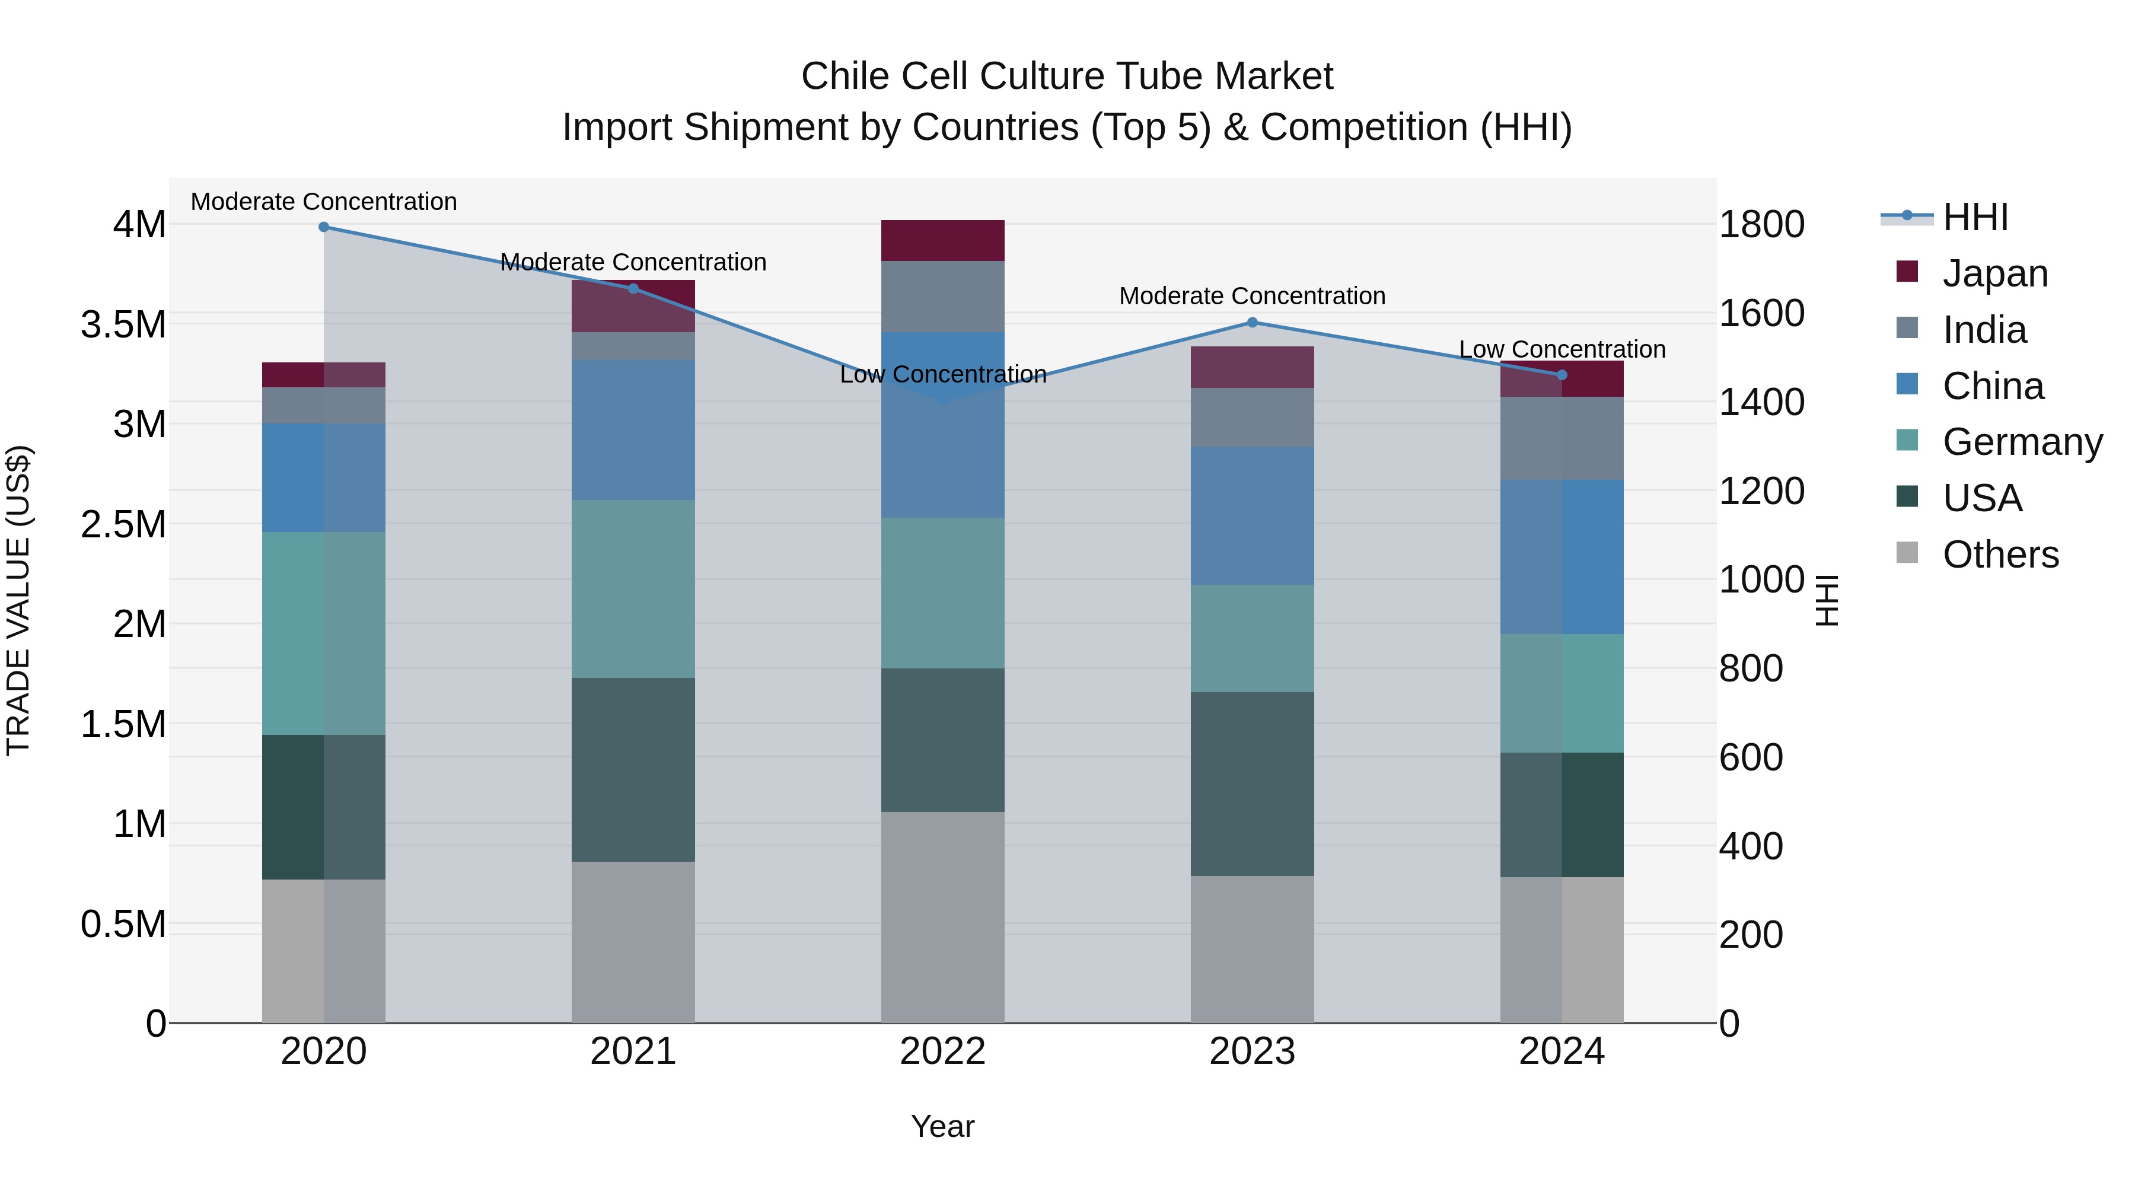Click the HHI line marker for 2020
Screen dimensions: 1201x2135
[x=324, y=227]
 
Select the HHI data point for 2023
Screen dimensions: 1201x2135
[x=1253, y=323]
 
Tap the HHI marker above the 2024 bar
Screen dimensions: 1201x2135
[x=1562, y=375]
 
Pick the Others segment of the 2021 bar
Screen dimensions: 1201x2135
[x=633, y=942]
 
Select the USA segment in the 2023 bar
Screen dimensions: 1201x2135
[x=1253, y=784]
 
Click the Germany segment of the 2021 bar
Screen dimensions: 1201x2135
[x=633, y=588]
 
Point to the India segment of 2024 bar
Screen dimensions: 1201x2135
[x=1562, y=438]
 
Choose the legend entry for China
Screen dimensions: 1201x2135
[x=1993, y=386]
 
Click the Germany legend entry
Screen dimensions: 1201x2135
[x=2022, y=442]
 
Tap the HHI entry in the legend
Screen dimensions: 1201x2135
[x=1975, y=217]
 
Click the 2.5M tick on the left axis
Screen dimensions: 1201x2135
[x=123, y=525]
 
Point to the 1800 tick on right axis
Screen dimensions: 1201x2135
[x=1761, y=225]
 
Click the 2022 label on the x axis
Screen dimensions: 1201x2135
[x=942, y=1052]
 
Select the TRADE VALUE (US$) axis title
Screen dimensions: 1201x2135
[x=18, y=600]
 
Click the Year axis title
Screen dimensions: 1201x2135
[x=942, y=1126]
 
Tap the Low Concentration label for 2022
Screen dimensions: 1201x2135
[x=942, y=375]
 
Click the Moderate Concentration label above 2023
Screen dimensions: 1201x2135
[x=1253, y=296]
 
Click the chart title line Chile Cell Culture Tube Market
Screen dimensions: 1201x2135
[x=1067, y=77]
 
